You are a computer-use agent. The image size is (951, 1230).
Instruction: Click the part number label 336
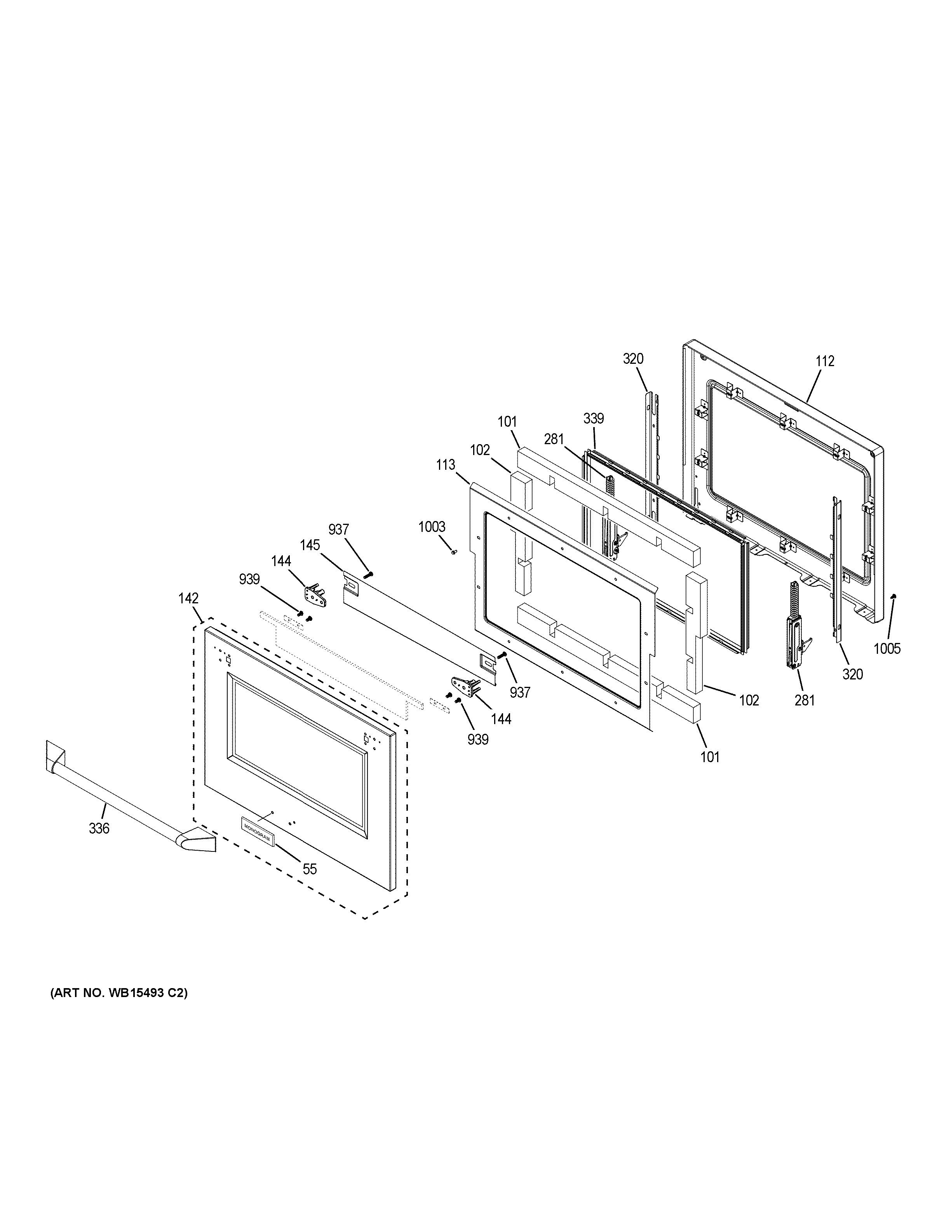pyautogui.click(x=99, y=829)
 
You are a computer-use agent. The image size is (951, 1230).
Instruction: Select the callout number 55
pyautogui.click(x=309, y=869)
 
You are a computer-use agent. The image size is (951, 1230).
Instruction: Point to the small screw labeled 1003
pyautogui.click(x=453, y=552)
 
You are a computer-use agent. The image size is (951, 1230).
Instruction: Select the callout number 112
pyautogui.click(x=825, y=361)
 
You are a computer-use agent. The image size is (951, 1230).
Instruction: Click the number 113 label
pyautogui.click(x=445, y=465)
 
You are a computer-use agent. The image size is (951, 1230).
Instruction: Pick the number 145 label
pyautogui.click(x=310, y=545)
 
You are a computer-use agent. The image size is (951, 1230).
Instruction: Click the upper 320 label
pyautogui.click(x=633, y=359)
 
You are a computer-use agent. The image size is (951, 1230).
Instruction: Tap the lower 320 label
pyautogui.click(x=852, y=674)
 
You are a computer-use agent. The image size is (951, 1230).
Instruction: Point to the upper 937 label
pyautogui.click(x=339, y=530)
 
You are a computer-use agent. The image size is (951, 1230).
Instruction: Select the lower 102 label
pyautogui.click(x=749, y=700)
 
